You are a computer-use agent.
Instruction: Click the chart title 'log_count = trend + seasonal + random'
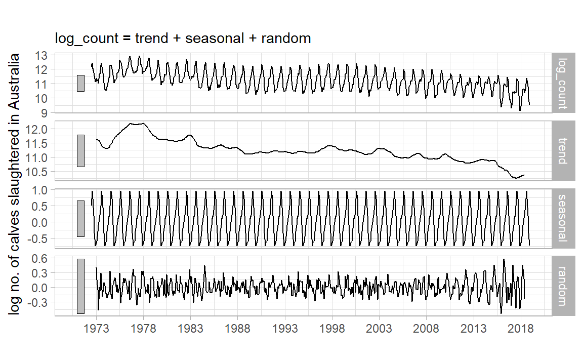point(183,38)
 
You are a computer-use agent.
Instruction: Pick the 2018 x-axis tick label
point(521,328)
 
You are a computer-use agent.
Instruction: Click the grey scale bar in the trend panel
point(80,150)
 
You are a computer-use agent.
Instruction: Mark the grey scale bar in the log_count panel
point(80,83)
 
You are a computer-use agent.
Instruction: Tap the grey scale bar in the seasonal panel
point(80,218)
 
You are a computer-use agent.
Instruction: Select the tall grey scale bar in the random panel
point(80,286)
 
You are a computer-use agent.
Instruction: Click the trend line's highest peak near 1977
point(133,123)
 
